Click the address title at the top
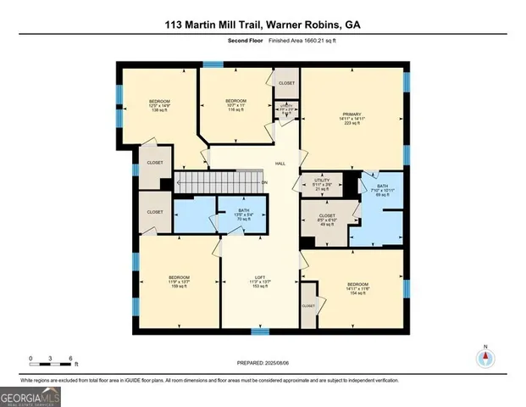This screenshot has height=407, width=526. (263, 25)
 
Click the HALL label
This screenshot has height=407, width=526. (280, 164)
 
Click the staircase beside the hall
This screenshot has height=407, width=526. (221, 181)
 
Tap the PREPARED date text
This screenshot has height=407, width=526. (263, 362)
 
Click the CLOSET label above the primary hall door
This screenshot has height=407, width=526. (286, 83)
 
